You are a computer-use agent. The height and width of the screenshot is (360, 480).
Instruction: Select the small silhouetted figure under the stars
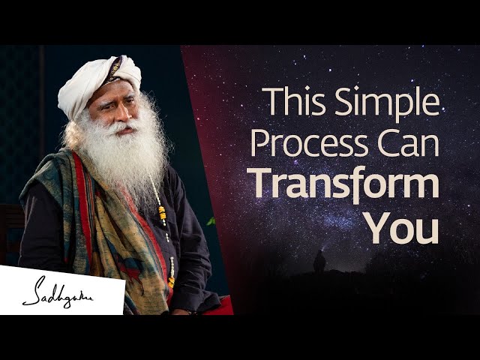tap(319, 262)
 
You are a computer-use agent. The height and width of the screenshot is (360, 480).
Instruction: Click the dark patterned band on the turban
tap(115, 69)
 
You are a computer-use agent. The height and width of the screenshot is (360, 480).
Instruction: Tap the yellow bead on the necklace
tap(162, 214)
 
